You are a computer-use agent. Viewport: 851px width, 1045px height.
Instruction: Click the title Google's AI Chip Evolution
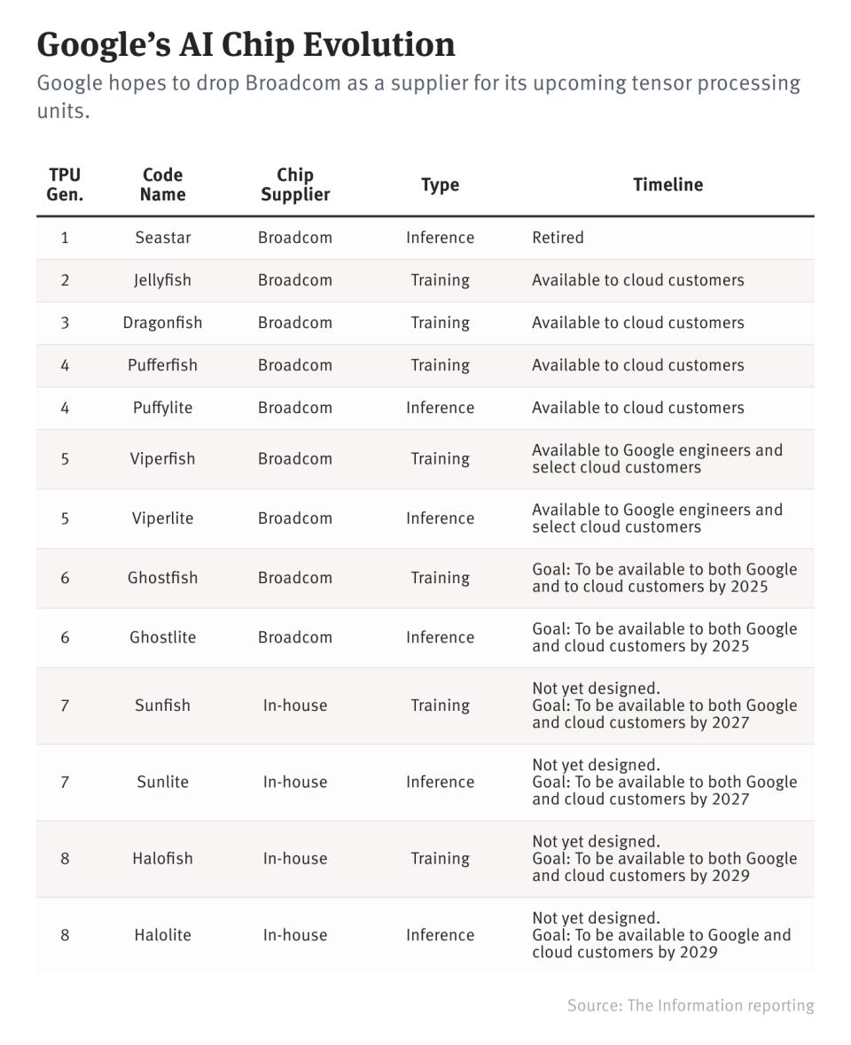pyautogui.click(x=246, y=44)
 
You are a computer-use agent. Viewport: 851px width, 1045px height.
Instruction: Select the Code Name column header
pyautogui.click(x=162, y=184)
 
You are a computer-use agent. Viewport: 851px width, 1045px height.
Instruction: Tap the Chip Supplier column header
pyautogui.click(x=295, y=184)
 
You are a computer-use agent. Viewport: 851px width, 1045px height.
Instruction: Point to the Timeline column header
pyautogui.click(x=668, y=184)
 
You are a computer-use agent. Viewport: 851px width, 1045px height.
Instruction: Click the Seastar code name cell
pyautogui.click(x=162, y=238)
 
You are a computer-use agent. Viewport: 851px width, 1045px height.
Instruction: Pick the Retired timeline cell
pyautogui.click(x=558, y=238)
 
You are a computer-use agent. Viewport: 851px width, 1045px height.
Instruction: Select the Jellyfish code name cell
pyautogui.click(x=162, y=280)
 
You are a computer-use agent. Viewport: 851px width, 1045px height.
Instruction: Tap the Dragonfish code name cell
pyautogui.click(x=162, y=323)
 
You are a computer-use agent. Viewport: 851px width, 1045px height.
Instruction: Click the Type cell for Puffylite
pyautogui.click(x=440, y=408)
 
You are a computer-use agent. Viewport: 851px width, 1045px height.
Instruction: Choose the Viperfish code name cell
pyautogui.click(x=162, y=459)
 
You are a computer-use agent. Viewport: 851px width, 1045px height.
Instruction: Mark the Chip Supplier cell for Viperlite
pyautogui.click(x=295, y=519)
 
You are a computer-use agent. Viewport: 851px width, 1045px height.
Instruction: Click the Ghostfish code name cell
pyautogui.click(x=162, y=578)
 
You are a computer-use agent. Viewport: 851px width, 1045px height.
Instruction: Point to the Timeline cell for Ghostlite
pyautogui.click(x=664, y=637)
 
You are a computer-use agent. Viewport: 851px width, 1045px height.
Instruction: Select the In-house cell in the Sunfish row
pyautogui.click(x=295, y=706)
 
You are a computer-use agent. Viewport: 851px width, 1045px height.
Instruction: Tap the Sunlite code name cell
pyautogui.click(x=162, y=782)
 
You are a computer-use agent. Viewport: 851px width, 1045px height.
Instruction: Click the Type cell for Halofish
pyautogui.click(x=440, y=859)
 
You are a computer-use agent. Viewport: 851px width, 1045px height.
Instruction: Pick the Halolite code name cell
pyautogui.click(x=162, y=935)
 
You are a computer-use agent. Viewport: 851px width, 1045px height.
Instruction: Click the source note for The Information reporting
pyautogui.click(x=691, y=1005)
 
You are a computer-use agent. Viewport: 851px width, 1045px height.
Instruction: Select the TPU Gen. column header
pyautogui.click(x=65, y=184)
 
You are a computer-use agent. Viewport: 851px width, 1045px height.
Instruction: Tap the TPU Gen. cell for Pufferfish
pyautogui.click(x=65, y=365)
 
